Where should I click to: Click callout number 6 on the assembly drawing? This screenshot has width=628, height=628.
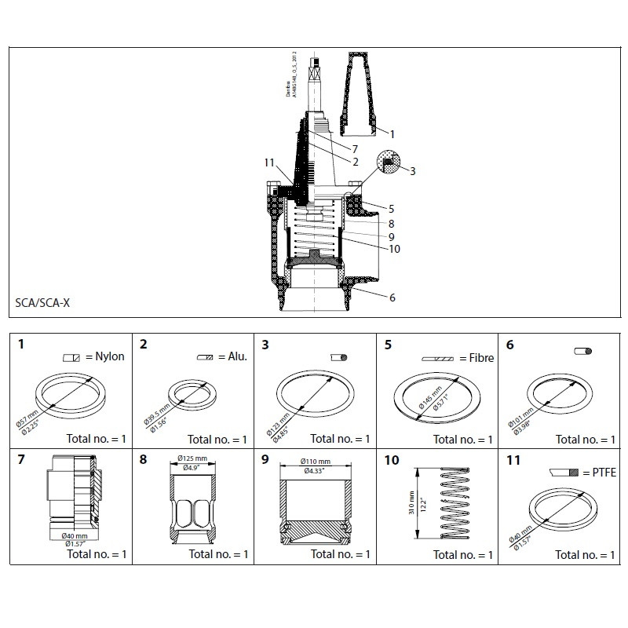(x=392, y=297)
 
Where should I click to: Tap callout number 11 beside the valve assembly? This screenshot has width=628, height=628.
(x=271, y=162)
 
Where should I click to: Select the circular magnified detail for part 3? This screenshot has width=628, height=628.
(x=389, y=162)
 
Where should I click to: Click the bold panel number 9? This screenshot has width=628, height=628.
(x=265, y=460)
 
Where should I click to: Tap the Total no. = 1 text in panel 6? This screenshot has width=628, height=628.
(x=585, y=440)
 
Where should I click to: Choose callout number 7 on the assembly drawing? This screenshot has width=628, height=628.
(x=355, y=148)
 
